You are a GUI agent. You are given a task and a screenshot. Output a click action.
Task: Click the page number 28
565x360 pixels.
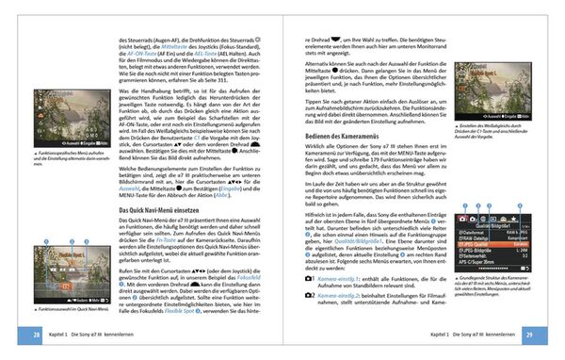35,335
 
